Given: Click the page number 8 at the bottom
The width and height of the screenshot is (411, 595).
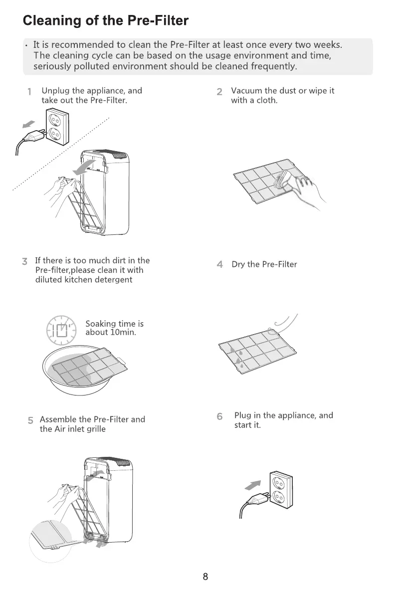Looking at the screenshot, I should click(x=205, y=577).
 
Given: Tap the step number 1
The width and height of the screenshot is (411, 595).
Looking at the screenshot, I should click(x=29, y=92).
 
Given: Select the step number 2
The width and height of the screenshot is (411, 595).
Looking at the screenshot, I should click(x=219, y=92).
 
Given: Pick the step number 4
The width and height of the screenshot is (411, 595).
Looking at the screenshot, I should click(x=219, y=265).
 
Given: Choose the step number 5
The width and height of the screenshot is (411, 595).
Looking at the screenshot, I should click(x=30, y=420).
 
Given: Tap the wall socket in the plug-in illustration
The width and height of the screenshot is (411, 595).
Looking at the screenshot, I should click(x=280, y=491).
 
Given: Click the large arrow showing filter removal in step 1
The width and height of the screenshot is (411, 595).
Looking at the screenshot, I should click(x=83, y=168).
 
